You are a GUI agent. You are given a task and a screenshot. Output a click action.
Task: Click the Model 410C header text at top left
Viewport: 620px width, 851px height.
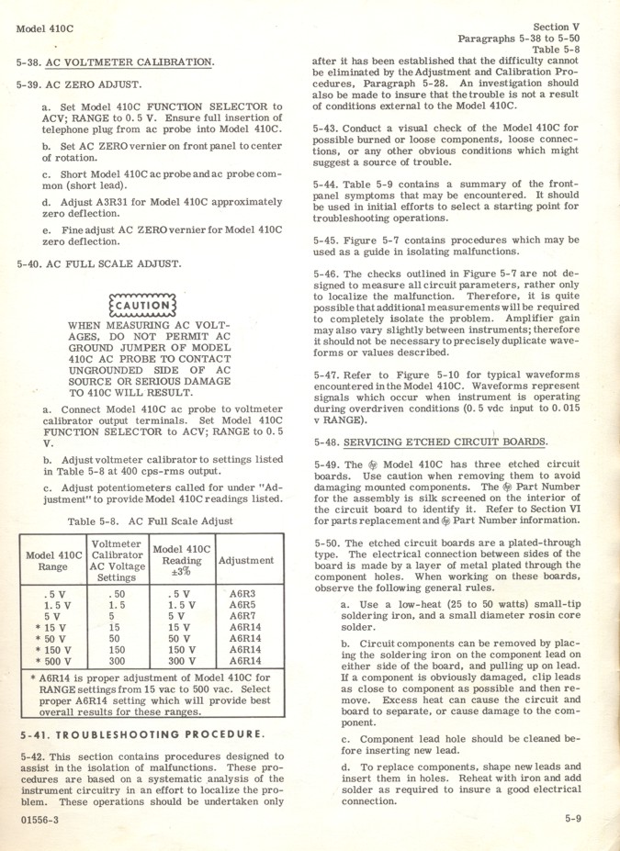tap(44, 28)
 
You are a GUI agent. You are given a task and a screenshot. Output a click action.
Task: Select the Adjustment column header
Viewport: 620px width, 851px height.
tap(245, 560)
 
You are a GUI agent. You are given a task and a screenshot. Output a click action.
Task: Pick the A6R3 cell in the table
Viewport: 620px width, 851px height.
tap(242, 593)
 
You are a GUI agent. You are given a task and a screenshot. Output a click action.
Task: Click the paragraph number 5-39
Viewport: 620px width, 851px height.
tap(29, 85)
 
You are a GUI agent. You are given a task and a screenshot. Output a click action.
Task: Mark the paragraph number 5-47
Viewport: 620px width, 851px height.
tap(327, 375)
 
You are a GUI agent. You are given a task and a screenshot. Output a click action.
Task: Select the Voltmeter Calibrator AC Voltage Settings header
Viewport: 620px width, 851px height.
tap(117, 560)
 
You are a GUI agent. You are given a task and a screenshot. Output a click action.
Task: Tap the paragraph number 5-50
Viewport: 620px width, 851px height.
tap(327, 543)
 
